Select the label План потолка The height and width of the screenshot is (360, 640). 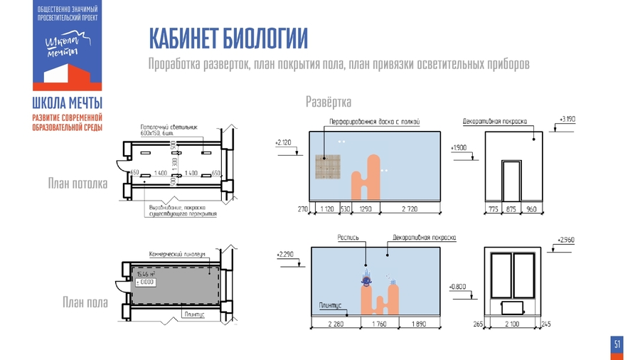pos(78,184)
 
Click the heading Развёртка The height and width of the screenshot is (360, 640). pos(329,102)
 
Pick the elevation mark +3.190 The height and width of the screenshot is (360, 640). pos(567,119)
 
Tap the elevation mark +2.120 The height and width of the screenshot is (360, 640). pos(283,142)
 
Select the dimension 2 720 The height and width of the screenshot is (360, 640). pos(410,209)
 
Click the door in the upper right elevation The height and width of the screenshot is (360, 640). pos(510,180)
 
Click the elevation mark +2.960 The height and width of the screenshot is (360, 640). pos(567,240)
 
